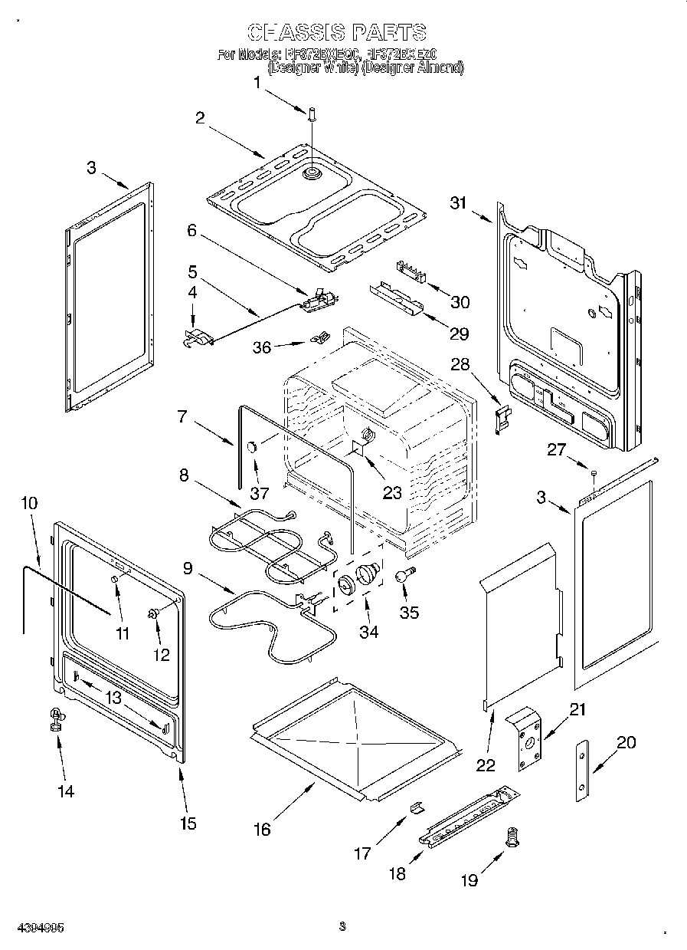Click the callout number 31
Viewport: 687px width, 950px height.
point(459,203)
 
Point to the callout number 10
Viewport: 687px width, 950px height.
point(29,503)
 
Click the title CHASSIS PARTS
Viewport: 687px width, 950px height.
point(338,32)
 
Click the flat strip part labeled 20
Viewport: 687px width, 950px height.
point(584,771)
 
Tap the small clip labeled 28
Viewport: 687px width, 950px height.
point(502,420)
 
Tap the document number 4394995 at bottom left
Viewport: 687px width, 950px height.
point(33,927)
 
